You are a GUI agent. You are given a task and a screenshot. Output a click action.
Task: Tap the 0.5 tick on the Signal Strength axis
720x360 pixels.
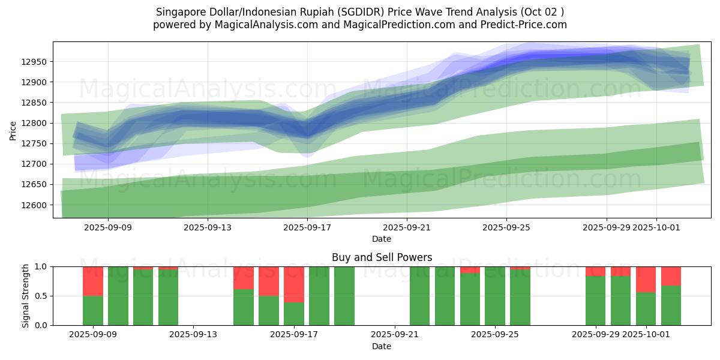pyautogui.click(x=41, y=296)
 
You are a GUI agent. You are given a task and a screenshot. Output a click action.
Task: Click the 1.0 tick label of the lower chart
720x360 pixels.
pyautogui.click(x=41, y=266)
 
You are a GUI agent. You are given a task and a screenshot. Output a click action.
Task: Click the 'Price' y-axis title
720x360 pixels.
pyautogui.click(x=13, y=130)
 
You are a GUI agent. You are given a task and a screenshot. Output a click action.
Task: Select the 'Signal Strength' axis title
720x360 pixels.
pyautogui.click(x=25, y=295)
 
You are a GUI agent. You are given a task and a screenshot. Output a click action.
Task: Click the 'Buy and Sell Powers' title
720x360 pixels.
pyautogui.click(x=382, y=257)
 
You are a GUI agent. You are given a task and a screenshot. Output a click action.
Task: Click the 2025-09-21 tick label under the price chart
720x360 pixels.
pyautogui.click(x=407, y=227)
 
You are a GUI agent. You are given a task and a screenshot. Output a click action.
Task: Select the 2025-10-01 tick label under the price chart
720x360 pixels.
pyautogui.click(x=656, y=227)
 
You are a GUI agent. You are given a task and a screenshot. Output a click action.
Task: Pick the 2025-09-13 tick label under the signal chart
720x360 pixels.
pyautogui.click(x=194, y=334)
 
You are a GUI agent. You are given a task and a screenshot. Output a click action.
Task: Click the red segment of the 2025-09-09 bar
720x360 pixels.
pyautogui.click(x=93, y=281)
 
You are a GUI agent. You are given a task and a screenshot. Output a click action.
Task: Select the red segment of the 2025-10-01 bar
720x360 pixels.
pyautogui.click(x=646, y=279)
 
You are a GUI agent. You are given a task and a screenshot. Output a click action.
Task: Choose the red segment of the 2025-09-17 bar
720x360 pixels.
pyautogui.click(x=294, y=284)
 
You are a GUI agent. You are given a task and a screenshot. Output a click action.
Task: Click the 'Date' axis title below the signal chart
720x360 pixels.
pyautogui.click(x=382, y=346)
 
